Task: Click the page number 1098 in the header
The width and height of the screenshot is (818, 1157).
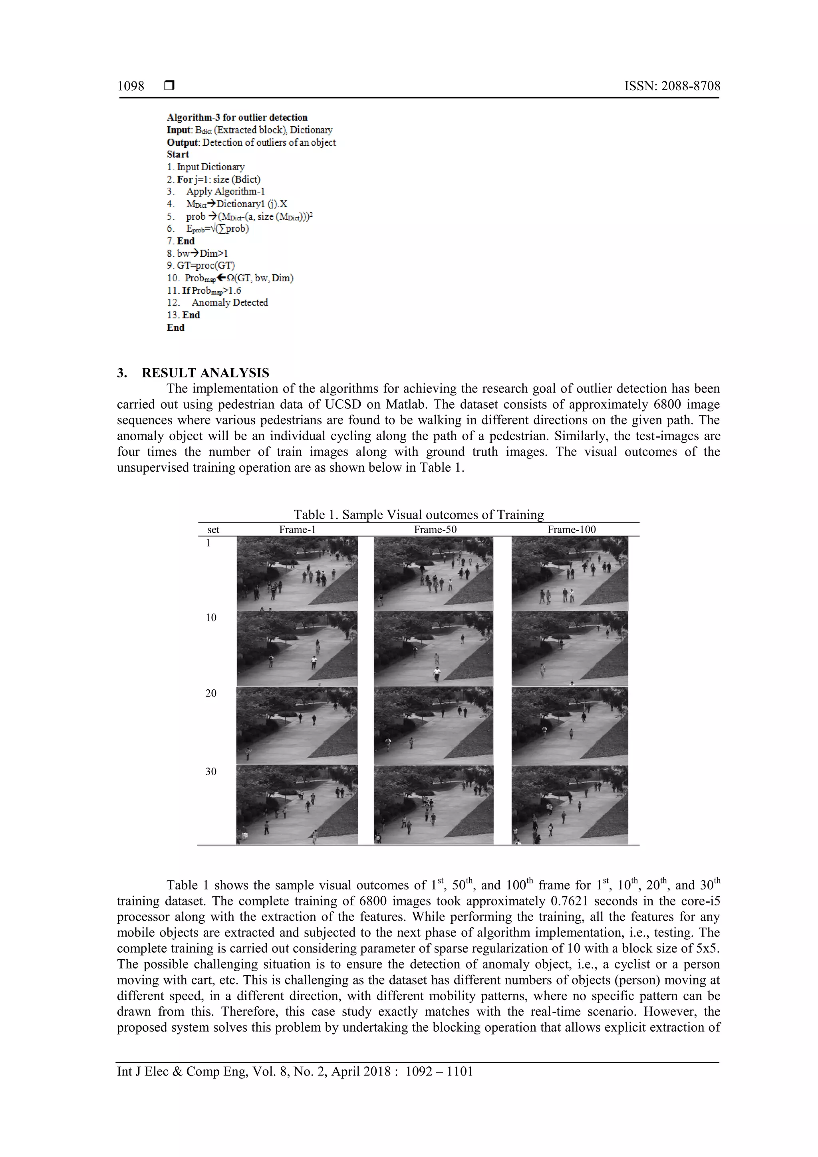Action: coord(131,86)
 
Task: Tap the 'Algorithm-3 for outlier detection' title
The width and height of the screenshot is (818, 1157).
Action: coord(237,117)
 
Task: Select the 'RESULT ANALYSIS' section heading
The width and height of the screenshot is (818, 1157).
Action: coord(205,373)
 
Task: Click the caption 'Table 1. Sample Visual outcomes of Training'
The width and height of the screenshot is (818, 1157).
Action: coord(419,514)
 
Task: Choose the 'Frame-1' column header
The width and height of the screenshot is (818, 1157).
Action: coord(297,530)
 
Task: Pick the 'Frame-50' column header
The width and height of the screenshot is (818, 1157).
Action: coord(435,530)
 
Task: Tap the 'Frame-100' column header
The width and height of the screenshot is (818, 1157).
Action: coord(572,530)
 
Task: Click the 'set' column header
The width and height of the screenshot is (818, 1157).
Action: coord(213,530)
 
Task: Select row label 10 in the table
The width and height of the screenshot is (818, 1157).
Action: coord(211,618)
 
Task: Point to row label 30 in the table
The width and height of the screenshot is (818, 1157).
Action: coord(211,772)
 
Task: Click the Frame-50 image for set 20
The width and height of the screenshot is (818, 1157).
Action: coord(433,725)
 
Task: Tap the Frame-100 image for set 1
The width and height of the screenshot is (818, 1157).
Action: coord(570,574)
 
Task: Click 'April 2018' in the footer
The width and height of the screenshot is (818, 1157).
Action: coord(360,1072)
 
